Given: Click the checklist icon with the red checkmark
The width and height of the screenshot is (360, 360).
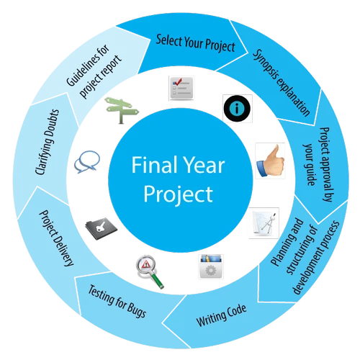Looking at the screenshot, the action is pyautogui.click(x=181, y=88).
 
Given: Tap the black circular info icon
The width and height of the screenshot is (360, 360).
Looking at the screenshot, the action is pyautogui.click(x=237, y=109).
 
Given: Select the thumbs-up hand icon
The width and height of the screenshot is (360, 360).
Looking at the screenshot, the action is pyautogui.click(x=270, y=161).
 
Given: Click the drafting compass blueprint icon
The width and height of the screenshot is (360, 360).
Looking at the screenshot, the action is pyautogui.click(x=264, y=222).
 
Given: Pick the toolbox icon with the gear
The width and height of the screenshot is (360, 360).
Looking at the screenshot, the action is pyautogui.click(x=211, y=266).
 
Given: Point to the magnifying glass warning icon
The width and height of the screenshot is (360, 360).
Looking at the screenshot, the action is pyautogui.click(x=150, y=271).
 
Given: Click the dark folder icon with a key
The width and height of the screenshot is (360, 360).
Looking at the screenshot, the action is pyautogui.click(x=102, y=228).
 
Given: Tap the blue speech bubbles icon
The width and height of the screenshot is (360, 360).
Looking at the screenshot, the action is pyautogui.click(x=87, y=161).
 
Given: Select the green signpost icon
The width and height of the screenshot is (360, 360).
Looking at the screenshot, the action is pyautogui.click(x=122, y=110).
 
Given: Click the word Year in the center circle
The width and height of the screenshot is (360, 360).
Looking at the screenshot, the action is pyautogui.click(x=204, y=165).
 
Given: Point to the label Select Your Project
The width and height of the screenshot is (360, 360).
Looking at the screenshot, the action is pyautogui.click(x=195, y=43).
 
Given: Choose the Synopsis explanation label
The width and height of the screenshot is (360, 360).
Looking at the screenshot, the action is pyautogui.click(x=282, y=83).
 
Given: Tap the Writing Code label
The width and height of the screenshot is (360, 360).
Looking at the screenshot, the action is pyautogui.click(x=221, y=315).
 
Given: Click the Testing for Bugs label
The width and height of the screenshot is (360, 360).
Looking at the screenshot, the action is pyautogui.click(x=117, y=302).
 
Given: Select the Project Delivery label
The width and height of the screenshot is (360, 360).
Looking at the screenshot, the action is pyautogui.click(x=57, y=238).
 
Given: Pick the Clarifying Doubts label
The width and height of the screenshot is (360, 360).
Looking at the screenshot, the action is pyautogui.click(x=47, y=142).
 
